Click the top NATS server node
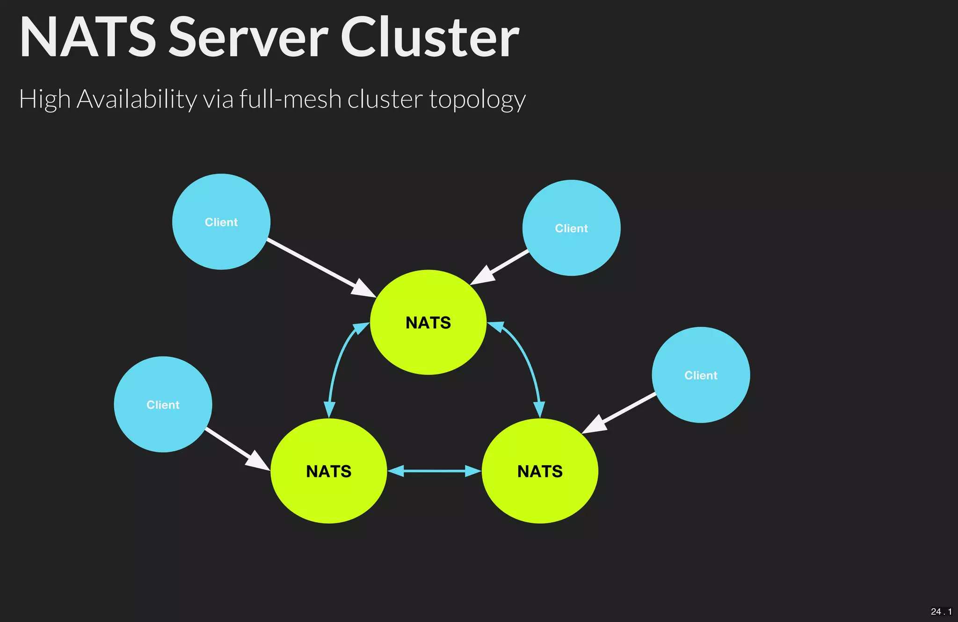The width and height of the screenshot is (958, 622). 428,322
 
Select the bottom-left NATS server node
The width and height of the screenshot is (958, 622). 328,471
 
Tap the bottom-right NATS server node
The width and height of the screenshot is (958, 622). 540,471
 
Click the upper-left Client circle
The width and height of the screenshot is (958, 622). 221,222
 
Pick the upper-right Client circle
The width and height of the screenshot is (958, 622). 571,228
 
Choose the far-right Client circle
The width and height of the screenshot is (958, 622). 701,375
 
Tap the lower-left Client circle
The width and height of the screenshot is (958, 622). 163,404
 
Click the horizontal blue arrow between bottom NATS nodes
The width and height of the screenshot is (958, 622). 434,471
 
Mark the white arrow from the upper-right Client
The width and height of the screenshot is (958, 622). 501,267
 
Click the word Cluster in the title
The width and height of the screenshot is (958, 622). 429,37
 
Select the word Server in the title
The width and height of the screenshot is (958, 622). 248,37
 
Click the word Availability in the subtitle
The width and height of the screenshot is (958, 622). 137,99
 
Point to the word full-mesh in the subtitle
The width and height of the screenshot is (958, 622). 290,99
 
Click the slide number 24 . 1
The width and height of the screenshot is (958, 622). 941,611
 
